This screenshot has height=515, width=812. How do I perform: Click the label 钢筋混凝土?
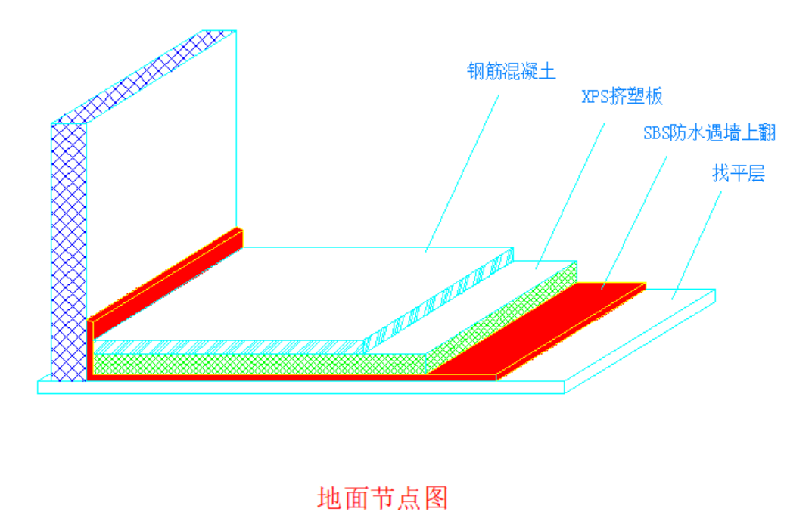click(512, 73)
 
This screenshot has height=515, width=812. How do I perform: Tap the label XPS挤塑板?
click(622, 97)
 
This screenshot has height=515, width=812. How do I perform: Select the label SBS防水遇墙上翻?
click(709, 134)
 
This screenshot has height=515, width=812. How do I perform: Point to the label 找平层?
click(738, 174)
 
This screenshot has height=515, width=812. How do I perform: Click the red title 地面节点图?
click(383, 497)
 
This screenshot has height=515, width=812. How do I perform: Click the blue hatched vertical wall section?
click(68, 250)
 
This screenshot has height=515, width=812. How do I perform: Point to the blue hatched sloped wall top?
click(144, 76)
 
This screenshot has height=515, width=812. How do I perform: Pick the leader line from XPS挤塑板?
click(571, 189)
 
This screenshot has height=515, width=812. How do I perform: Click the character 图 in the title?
click(437, 497)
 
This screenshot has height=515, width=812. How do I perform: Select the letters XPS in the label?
click(596, 97)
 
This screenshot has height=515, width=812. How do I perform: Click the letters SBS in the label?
click(656, 134)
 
